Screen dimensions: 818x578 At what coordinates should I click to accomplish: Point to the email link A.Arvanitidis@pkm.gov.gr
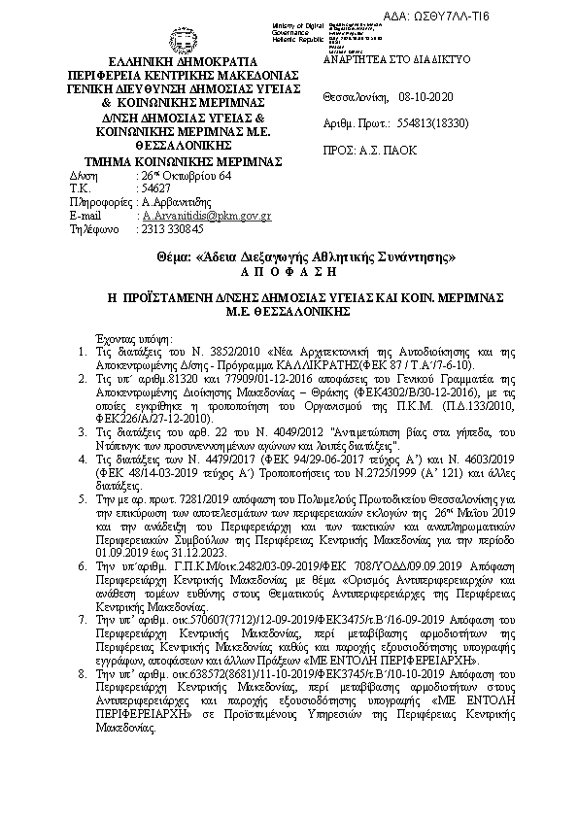click(206, 215)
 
